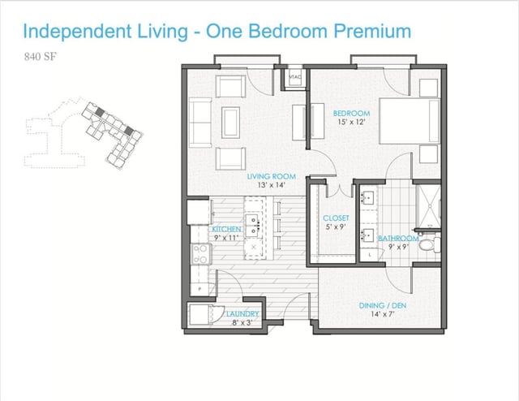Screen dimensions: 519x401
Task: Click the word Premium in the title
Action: click(372, 31)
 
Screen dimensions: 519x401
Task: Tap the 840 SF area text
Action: click(41, 57)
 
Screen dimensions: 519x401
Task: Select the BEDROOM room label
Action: click(351, 114)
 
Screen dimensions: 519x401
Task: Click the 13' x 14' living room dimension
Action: click(272, 185)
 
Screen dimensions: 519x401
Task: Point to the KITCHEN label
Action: click(226, 229)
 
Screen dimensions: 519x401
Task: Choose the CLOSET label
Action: click(336, 218)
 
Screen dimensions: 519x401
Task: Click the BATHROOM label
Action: click(398, 239)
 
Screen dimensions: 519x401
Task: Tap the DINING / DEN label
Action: click(383, 305)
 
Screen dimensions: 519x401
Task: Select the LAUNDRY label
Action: click(242, 313)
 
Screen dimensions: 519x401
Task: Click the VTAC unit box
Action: click(295, 78)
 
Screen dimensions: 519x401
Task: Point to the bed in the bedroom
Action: click(410, 121)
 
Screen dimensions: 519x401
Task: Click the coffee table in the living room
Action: click(231, 123)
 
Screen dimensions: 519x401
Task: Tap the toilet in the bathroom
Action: click(429, 245)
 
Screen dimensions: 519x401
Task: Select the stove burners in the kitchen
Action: click(201, 254)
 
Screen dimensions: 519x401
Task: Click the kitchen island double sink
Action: click(254, 224)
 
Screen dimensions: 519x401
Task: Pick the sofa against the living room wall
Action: click(200, 123)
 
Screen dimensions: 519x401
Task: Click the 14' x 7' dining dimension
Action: click(383, 314)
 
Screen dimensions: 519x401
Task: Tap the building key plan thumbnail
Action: click(84, 133)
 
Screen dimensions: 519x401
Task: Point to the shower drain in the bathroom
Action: click(431, 206)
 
